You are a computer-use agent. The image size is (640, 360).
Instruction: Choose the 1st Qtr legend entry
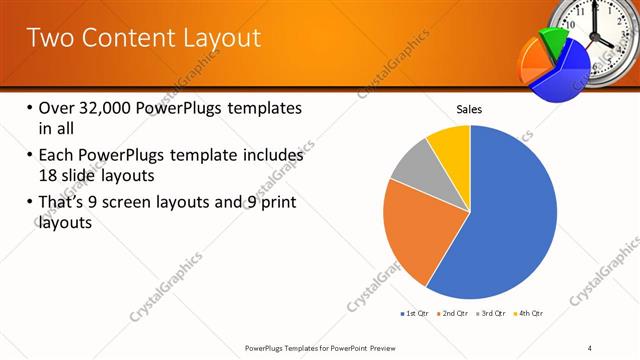pyautogui.click(x=415, y=314)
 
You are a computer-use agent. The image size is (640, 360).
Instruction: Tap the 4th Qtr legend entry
pyautogui.click(x=529, y=314)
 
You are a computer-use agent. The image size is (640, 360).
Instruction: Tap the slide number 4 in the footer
pyautogui.click(x=590, y=347)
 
